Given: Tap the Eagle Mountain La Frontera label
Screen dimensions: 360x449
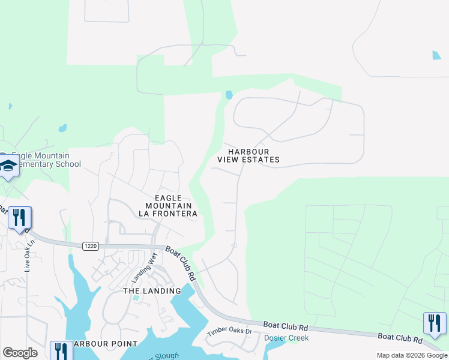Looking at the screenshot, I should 168,205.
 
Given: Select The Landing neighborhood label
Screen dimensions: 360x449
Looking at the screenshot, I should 152,291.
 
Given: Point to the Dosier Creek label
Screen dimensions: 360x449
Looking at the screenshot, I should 286,338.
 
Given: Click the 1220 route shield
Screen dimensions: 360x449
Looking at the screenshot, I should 90,245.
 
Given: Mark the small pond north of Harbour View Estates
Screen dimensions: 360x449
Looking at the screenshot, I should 228,95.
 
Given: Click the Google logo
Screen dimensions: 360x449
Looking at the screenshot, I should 20,353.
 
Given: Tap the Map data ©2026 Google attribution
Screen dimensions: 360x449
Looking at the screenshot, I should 412,355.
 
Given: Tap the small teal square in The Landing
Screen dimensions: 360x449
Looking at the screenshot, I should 136,297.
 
